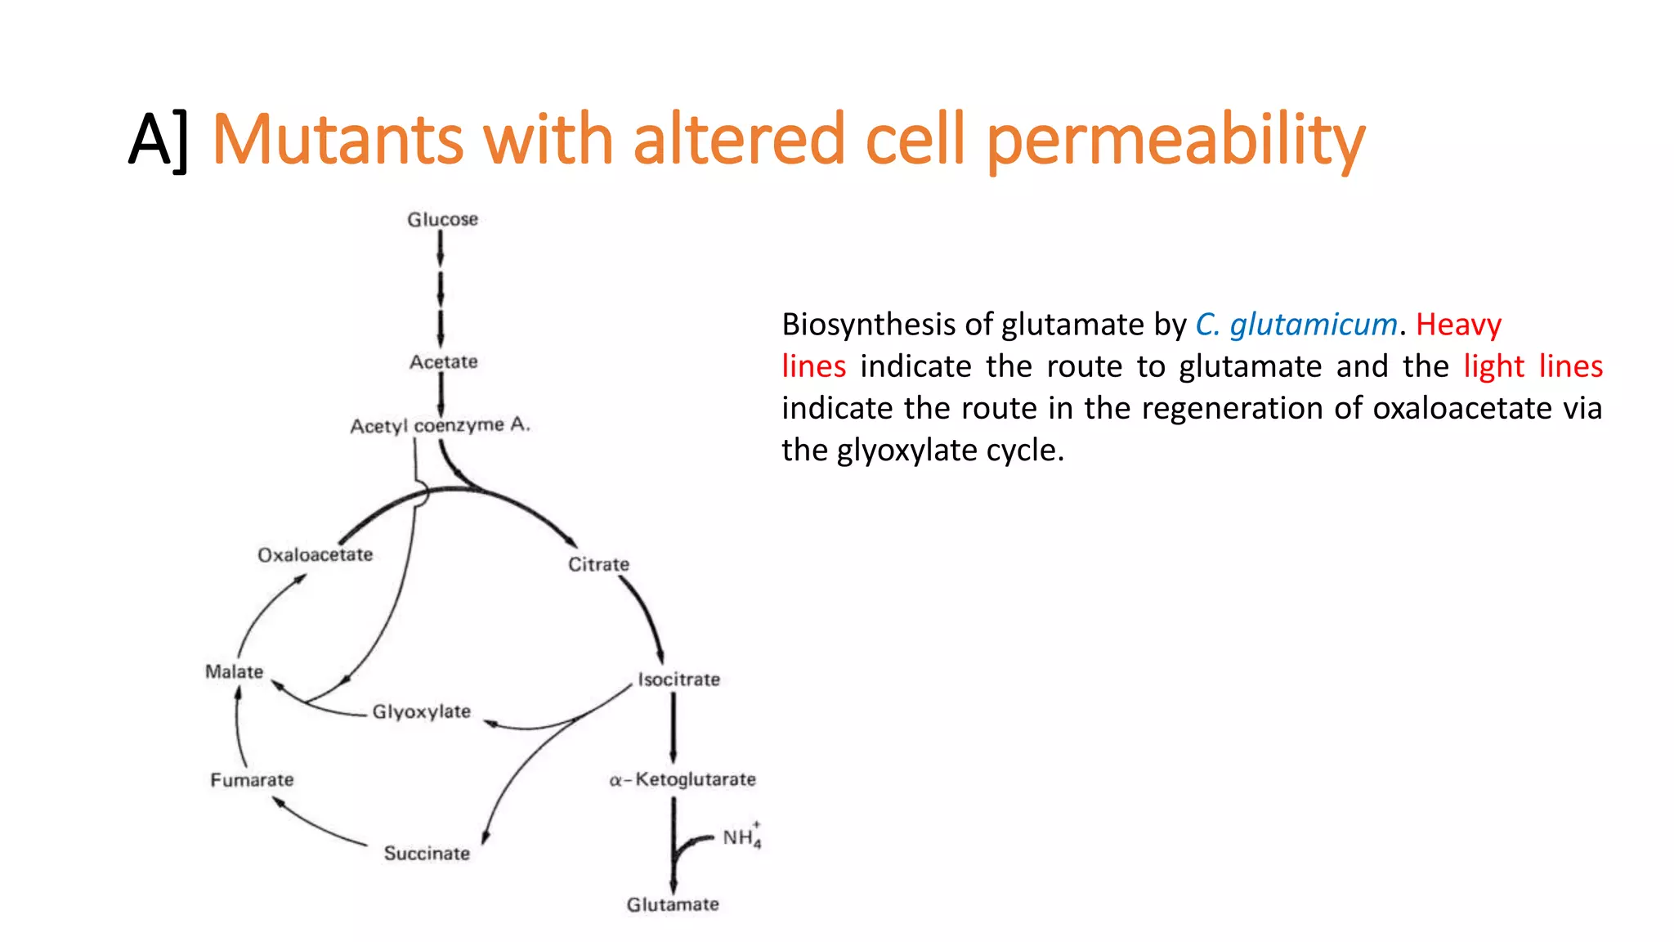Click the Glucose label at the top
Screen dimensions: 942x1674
tap(442, 219)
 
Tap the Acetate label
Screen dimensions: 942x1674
tap(443, 361)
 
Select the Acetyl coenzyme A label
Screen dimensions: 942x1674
tap(440, 425)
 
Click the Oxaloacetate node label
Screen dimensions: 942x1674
tap(315, 554)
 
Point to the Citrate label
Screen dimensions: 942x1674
tap(598, 564)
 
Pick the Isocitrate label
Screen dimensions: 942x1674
tap(678, 680)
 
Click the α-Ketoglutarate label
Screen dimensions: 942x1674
tap(683, 779)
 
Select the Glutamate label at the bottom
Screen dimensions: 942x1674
tap(673, 904)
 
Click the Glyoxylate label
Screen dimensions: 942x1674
tap(421, 711)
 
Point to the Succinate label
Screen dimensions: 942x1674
tap(427, 853)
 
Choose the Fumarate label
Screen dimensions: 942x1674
tap(252, 779)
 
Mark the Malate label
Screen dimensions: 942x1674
tap(234, 671)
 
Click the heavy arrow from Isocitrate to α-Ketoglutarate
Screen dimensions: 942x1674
tap(674, 728)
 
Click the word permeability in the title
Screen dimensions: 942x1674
tap(1175, 141)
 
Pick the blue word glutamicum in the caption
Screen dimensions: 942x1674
tap(1313, 325)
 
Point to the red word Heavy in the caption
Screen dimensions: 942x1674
tap(1458, 325)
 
